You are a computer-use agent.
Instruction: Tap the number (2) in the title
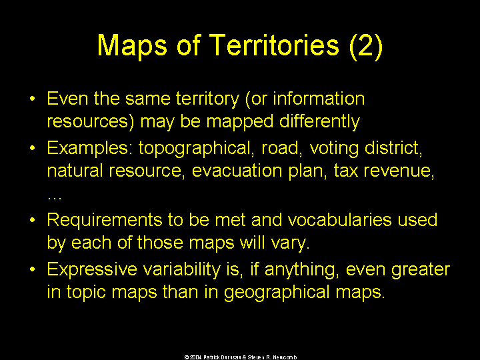tap(366, 46)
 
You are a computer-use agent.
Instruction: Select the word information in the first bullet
tap(319, 99)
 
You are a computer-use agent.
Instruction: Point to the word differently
tap(319, 122)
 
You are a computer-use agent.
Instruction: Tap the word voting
tap(334, 149)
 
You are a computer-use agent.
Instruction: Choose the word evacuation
tap(237, 171)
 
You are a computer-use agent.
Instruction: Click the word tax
tap(345, 171)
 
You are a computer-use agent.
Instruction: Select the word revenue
tap(399, 171)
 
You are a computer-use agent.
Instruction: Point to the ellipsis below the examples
tap(55, 198)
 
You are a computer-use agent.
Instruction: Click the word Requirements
tap(105, 221)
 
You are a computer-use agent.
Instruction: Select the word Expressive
tap(92, 270)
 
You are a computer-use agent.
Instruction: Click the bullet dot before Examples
tap(33, 149)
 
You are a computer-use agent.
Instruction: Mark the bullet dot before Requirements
tap(33, 221)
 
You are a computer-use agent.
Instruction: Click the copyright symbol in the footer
tap(187, 357)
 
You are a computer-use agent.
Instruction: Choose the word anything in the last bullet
tap(301, 270)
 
